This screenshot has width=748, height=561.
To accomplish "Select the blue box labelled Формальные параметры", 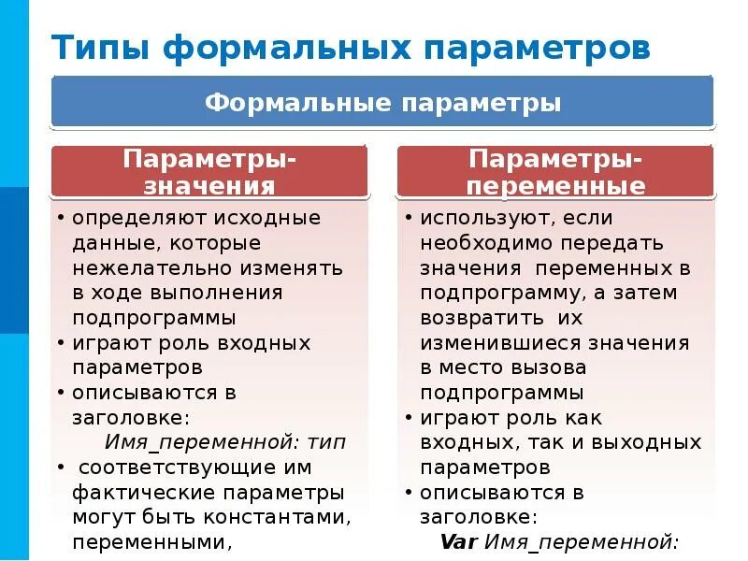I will click(x=382, y=102).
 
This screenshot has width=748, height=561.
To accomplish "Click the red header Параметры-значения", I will click(x=209, y=171).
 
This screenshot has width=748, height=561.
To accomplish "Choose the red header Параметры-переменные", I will click(x=556, y=171).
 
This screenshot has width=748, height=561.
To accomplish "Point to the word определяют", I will click(x=136, y=219).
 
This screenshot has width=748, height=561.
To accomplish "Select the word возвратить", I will click(x=478, y=318).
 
